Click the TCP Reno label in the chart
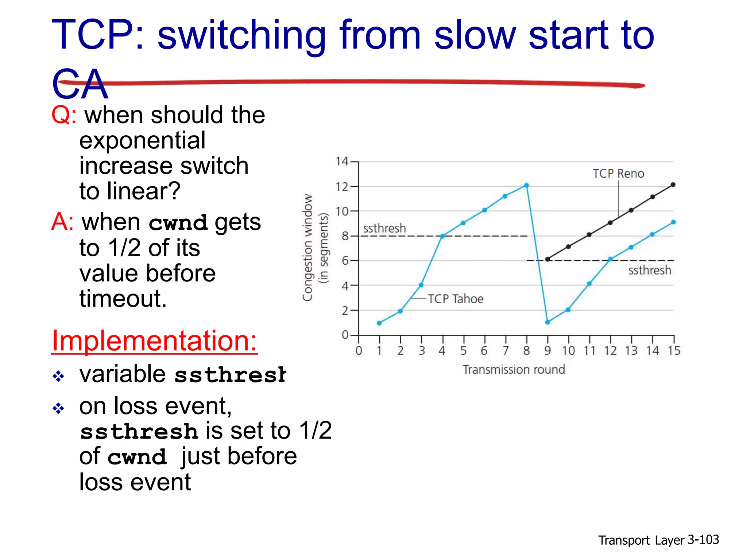tap(618, 174)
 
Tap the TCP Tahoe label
tap(455, 299)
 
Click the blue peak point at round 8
tap(526, 186)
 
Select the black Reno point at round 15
tap(673, 185)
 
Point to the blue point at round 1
tap(379, 323)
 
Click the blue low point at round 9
tap(547, 322)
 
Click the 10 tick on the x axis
tap(568, 351)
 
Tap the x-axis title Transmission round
tap(514, 370)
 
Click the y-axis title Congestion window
tap(308, 248)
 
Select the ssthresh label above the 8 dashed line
tap(384, 229)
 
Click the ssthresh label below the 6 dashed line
tap(650, 271)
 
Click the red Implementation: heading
tap(154, 341)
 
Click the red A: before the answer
tap(62, 222)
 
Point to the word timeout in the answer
tap(123, 299)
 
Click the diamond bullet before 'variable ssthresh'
tap(58, 376)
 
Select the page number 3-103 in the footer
tap(703, 540)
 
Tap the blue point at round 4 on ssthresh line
tap(442, 236)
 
